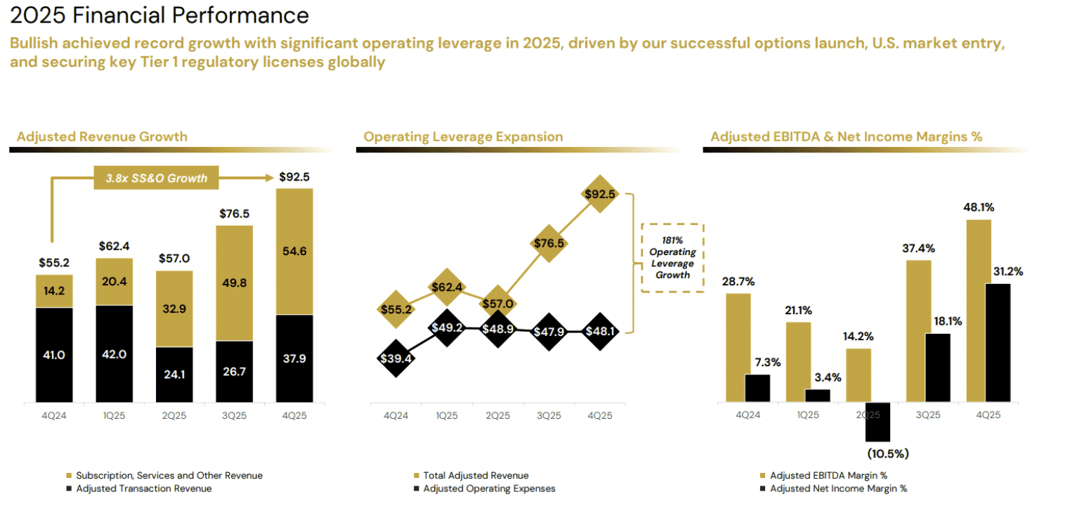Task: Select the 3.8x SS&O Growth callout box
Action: [156, 178]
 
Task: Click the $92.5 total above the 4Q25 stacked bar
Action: [294, 176]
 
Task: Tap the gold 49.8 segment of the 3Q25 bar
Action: [233, 283]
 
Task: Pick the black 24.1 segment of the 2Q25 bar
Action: [174, 375]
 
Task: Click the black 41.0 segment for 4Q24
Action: [53, 355]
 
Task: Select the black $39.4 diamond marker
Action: [396, 358]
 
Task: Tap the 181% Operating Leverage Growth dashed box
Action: [673, 258]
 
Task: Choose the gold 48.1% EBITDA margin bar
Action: [978, 311]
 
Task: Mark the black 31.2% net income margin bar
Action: [998, 343]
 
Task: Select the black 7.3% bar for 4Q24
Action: [757, 388]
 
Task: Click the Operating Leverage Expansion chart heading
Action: [463, 136]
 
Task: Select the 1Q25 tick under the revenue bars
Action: [114, 415]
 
